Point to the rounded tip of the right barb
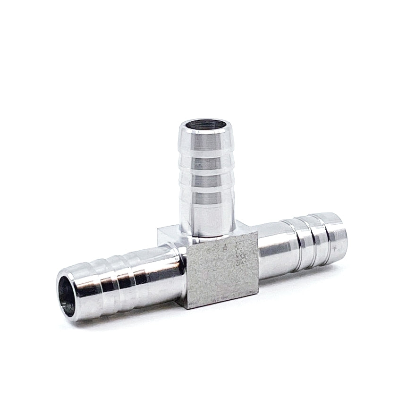click(x=339, y=235)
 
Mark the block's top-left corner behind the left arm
click(x=158, y=230)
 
